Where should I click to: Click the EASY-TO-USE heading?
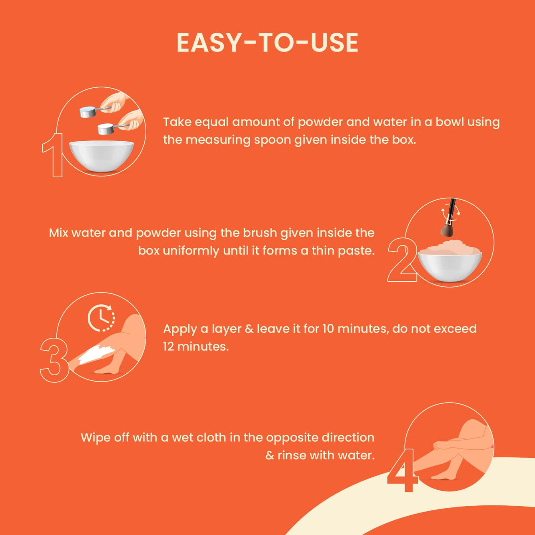click(x=267, y=43)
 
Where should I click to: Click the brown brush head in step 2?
click(x=447, y=229)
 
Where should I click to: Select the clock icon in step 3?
click(x=101, y=318)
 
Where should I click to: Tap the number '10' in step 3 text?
click(x=329, y=329)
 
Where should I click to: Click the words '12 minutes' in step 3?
click(x=196, y=346)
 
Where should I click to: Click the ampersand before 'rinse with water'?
click(x=270, y=456)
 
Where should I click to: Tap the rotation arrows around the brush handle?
click(x=450, y=212)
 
